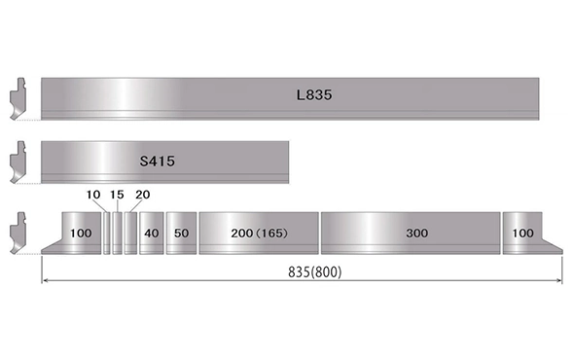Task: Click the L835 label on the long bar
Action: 314,94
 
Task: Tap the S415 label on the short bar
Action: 158,162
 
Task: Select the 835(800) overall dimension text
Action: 314,272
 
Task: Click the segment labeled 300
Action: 411,233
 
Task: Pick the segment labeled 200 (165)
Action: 259,233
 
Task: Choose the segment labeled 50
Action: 181,233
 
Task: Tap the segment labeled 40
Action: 152,233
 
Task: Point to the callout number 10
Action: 93,195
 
